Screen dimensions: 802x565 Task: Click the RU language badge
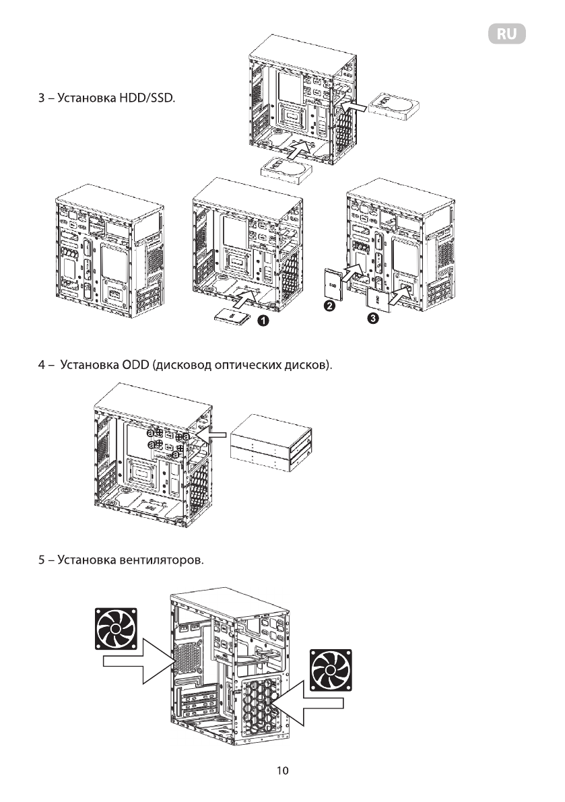point(506,34)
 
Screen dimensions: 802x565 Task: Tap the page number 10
point(283,770)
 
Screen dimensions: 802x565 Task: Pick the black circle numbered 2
point(330,306)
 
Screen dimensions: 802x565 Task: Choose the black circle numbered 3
point(372,319)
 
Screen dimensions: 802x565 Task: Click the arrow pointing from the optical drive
point(215,436)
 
